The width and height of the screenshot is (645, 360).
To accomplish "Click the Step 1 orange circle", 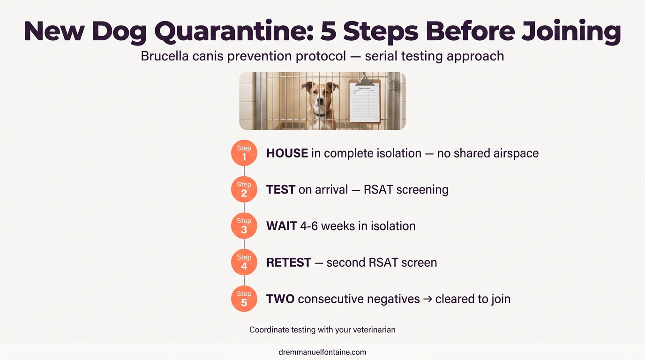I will click(x=244, y=153).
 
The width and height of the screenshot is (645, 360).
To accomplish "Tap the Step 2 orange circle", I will click(x=244, y=189).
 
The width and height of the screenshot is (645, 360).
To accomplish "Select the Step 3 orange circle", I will click(x=244, y=225).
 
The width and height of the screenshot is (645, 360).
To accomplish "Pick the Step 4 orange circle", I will click(x=244, y=262).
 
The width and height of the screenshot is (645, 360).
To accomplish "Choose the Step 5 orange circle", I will click(x=244, y=299).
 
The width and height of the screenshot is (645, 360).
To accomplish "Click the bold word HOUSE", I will click(x=287, y=153).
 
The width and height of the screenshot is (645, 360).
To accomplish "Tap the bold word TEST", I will click(x=280, y=190).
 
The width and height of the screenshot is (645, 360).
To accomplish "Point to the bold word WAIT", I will click(x=281, y=226).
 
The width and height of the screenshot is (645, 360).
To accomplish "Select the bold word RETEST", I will click(x=288, y=262).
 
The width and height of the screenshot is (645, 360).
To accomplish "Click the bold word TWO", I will click(x=280, y=299).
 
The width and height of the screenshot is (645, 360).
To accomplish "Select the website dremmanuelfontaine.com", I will click(x=322, y=352).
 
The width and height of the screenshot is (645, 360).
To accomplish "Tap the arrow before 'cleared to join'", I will click(x=427, y=299).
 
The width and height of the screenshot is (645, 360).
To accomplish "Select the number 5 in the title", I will click(x=331, y=32).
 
